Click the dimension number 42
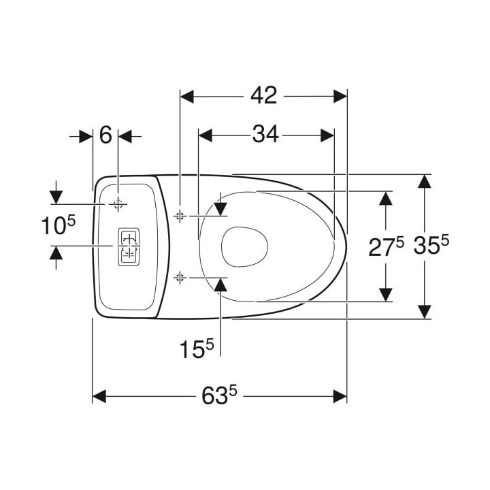pyautogui.click(x=264, y=96)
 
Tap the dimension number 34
pyautogui.click(x=265, y=134)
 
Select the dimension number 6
pyautogui.click(x=105, y=135)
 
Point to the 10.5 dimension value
pyautogui.click(x=59, y=225)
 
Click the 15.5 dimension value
pyautogui.click(x=197, y=348)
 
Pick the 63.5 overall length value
pyautogui.click(x=219, y=395)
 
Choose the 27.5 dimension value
pyautogui.click(x=387, y=246)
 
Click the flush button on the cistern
pyautogui.click(x=129, y=247)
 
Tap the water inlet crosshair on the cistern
pyautogui.click(x=118, y=205)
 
